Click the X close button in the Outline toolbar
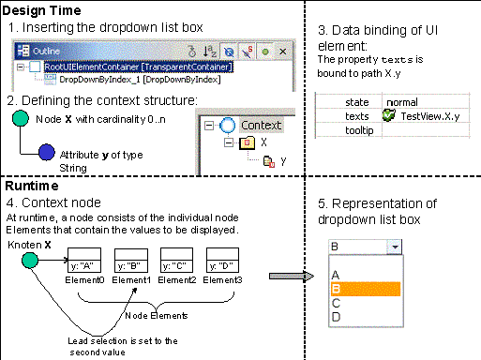coord(282,52)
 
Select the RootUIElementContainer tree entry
coord(139,67)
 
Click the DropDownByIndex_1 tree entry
coord(140,80)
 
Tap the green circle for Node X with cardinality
coord(21,118)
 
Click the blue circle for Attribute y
coord(47,152)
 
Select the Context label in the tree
coord(262,126)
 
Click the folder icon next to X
coord(247,142)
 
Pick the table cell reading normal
coord(402,102)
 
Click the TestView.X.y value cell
coord(430,116)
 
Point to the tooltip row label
coord(359,130)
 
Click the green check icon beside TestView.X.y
coord(389,115)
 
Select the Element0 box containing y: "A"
coord(84,260)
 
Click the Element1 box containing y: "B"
coord(131,260)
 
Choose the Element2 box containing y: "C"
coord(176,260)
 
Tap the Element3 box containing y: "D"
coord(222,260)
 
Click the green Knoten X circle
coord(30,261)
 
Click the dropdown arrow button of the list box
coord(395,247)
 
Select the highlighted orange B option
coord(366,289)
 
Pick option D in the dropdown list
coord(336,317)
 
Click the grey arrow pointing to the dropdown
coord(292,277)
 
